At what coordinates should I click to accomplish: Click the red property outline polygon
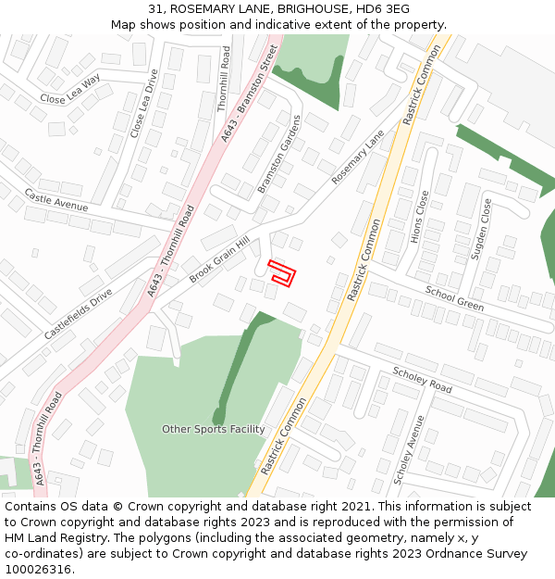point(282,273)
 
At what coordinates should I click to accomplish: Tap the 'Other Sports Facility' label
point(213,429)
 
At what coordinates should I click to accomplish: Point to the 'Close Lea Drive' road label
point(144,103)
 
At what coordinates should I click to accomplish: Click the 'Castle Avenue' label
point(56,198)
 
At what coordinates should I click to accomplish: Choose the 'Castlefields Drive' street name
point(77,313)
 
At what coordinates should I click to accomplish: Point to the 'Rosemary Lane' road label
point(357,156)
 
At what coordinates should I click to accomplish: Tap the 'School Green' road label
point(454,298)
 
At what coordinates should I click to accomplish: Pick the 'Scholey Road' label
point(422,380)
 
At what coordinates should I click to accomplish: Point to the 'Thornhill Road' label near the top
point(223,81)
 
